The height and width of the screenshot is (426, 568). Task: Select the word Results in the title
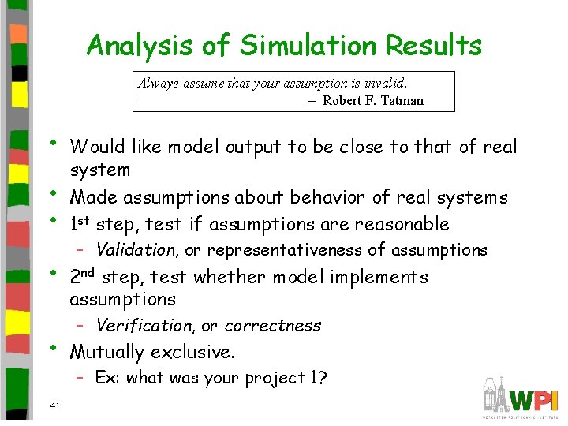click(x=433, y=46)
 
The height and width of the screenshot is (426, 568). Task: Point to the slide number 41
click(x=54, y=406)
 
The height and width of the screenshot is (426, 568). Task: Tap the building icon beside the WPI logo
click(x=495, y=397)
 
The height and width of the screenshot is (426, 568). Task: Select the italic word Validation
click(x=136, y=250)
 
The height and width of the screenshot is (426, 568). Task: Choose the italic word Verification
click(x=143, y=326)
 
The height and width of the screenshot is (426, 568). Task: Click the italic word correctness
click(x=273, y=326)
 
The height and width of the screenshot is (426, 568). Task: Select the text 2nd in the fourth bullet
click(x=84, y=277)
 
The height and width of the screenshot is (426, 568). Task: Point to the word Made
click(x=91, y=197)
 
